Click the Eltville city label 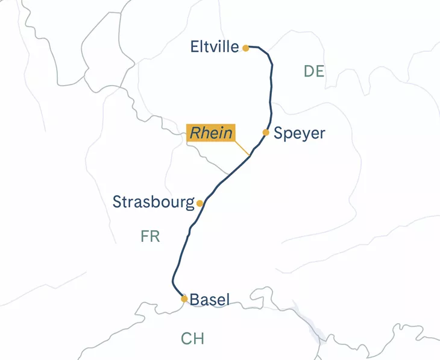pos(215,46)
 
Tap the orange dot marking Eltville pos(246,48)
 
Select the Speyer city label pos(299,133)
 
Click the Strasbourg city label pos(154,202)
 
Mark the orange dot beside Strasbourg pos(200,204)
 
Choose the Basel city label pos(210,299)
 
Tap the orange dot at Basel pos(184,298)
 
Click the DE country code pos(314,72)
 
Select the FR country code pos(150,236)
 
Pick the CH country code pos(192,339)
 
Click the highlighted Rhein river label pos(210,133)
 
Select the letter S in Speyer pos(278,133)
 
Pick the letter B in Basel pos(195,299)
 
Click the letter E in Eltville pos(195,46)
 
